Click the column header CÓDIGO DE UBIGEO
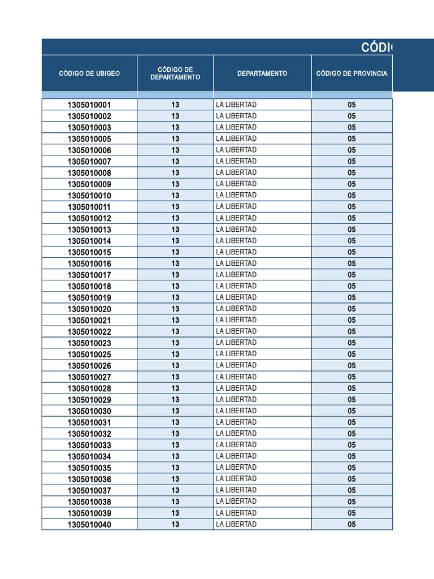tap(89, 74)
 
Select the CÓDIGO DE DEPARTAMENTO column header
tap(175, 74)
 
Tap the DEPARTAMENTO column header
tap(262, 74)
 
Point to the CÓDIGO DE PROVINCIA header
tap(351, 74)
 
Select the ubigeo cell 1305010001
tap(89, 105)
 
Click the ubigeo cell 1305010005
tap(89, 139)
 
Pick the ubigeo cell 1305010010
tap(89, 196)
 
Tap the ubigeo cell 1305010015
tap(89, 252)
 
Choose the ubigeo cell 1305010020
tap(89, 309)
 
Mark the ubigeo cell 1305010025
tap(89, 355)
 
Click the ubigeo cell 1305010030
tap(89, 411)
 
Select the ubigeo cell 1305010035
tap(89, 468)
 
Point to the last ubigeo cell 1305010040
tap(89, 525)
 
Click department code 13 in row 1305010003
tap(175, 128)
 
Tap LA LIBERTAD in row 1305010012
tap(236, 218)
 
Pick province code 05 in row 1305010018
tap(351, 286)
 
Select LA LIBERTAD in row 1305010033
tap(236, 445)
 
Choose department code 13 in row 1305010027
tap(175, 377)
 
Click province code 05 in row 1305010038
tap(351, 502)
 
